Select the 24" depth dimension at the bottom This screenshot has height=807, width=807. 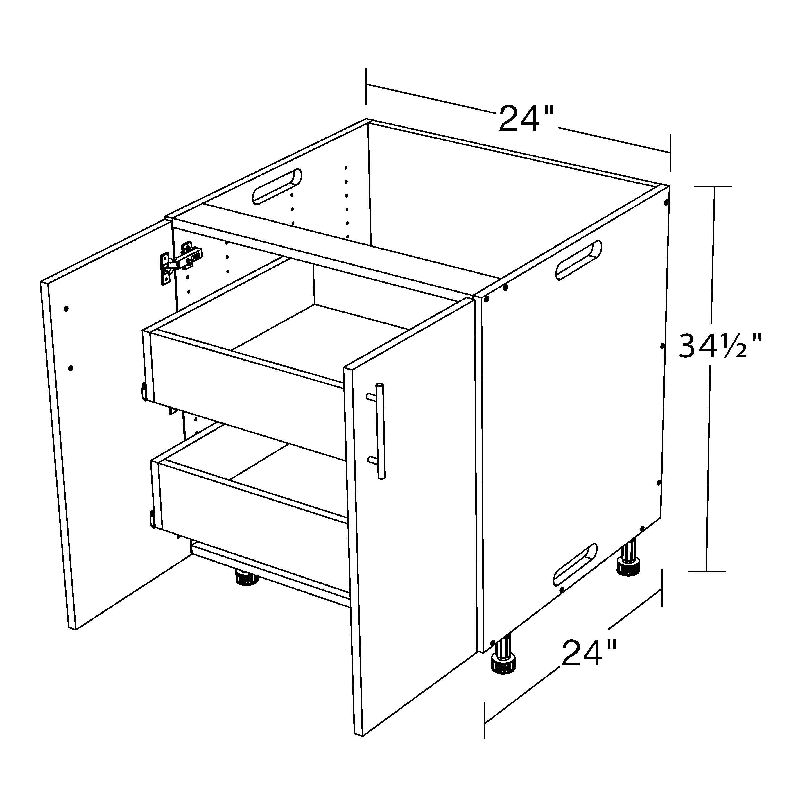589,652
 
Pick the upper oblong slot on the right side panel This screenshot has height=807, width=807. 578,260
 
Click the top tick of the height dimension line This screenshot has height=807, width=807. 713,187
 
